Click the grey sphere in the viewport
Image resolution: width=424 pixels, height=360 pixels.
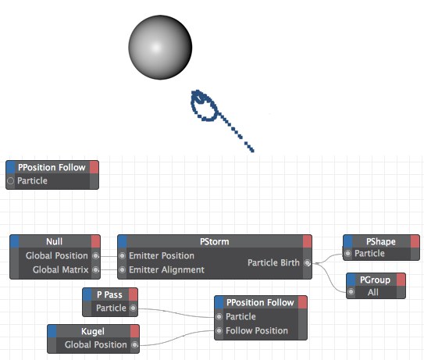pyautogui.click(x=160, y=48)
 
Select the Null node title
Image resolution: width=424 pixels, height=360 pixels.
pyautogui.click(x=55, y=241)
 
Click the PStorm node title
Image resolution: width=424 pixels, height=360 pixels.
pyautogui.click(x=215, y=241)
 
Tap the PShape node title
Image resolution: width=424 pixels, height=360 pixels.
pyautogui.click(x=381, y=241)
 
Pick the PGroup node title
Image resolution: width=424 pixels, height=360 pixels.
pyautogui.click(x=375, y=280)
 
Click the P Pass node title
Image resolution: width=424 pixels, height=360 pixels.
pyautogui.click(x=109, y=294)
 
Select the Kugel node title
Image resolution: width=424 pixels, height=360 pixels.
pyautogui.click(x=93, y=331)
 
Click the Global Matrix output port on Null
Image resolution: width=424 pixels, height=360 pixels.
pyautogui.click(x=95, y=269)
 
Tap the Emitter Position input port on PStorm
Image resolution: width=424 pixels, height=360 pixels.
pyautogui.click(x=123, y=255)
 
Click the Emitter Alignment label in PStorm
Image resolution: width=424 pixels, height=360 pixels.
pyautogui.click(x=166, y=269)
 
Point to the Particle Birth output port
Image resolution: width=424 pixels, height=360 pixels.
pyautogui.click(x=307, y=262)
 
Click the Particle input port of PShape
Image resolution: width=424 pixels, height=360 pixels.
pyautogui.click(x=348, y=254)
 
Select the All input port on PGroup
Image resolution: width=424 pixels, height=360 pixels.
pyautogui.click(x=351, y=292)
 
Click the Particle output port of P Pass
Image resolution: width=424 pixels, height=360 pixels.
pyautogui.click(x=133, y=308)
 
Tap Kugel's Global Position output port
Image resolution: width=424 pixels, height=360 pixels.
pyautogui.click(x=134, y=344)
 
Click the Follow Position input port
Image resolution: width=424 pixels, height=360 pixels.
pyautogui.click(x=219, y=330)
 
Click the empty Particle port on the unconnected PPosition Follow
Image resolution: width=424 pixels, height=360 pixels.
pyautogui.click(x=11, y=180)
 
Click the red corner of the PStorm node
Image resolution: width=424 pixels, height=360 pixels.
pyautogui.click(x=308, y=241)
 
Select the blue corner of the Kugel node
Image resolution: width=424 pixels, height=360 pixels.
pyautogui.click(x=52, y=331)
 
